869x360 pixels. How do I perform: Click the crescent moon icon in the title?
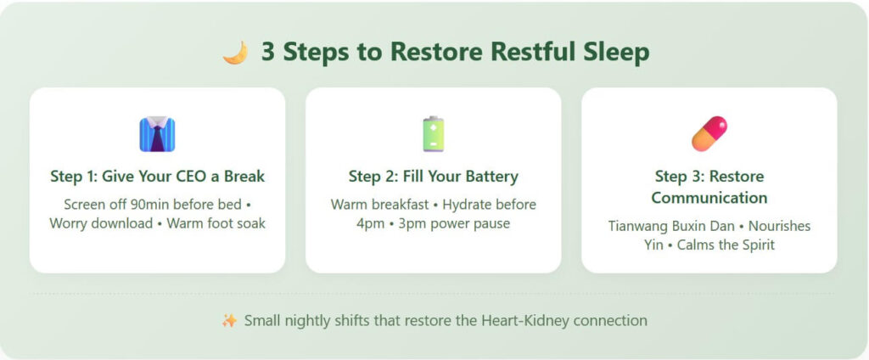pyautogui.click(x=235, y=53)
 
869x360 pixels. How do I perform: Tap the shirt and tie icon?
pyautogui.click(x=157, y=134)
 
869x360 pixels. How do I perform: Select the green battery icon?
pyautogui.click(x=434, y=134)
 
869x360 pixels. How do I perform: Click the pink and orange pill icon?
pyautogui.click(x=709, y=134)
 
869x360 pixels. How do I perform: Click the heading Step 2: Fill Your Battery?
pyautogui.click(x=434, y=177)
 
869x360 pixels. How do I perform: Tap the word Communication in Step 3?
pyautogui.click(x=709, y=198)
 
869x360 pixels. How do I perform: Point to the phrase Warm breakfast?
pyautogui.click(x=381, y=205)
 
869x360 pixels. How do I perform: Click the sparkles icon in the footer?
pyautogui.click(x=229, y=321)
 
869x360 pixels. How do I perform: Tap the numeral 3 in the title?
pyautogui.click(x=268, y=52)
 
